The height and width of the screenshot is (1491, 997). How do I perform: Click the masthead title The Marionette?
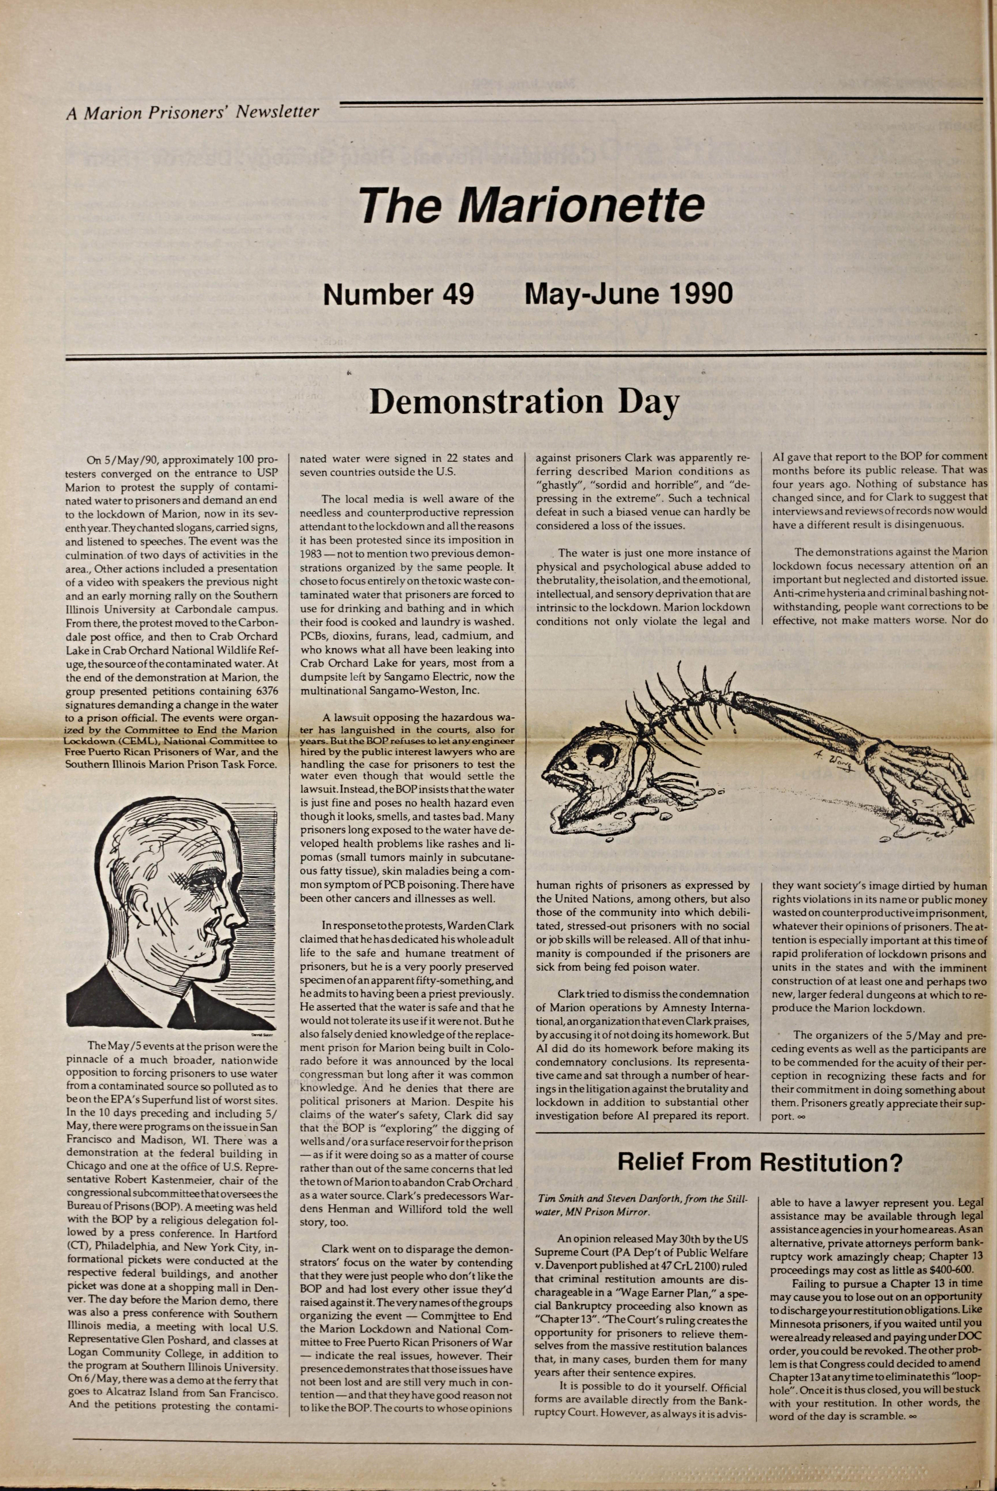pos(532,205)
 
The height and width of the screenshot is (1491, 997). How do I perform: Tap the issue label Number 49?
pos(399,294)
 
